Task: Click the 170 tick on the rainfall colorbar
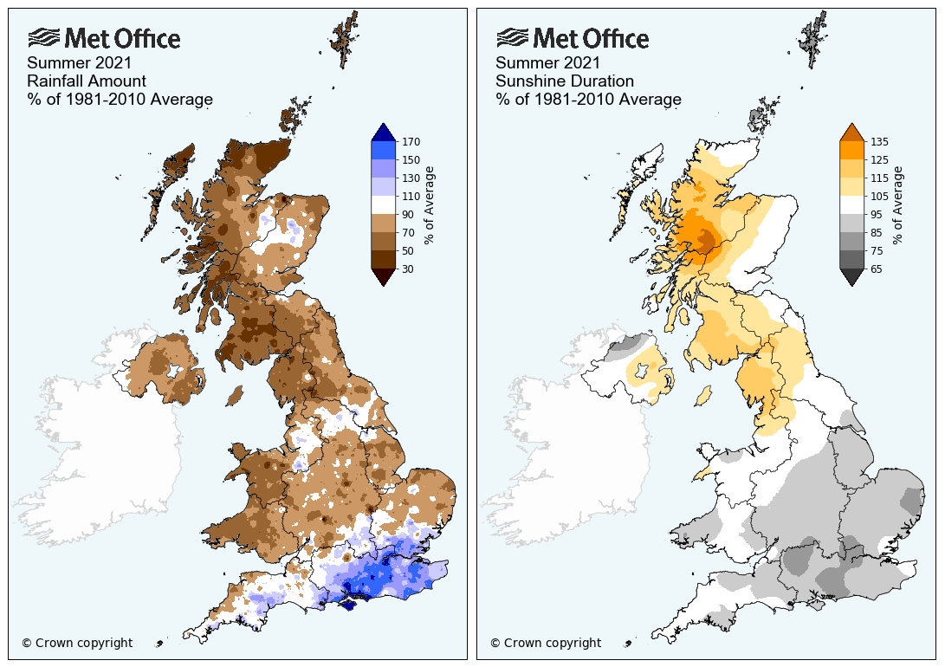[412, 141]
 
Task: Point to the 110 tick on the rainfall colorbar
[412, 196]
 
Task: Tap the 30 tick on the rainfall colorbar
[412, 269]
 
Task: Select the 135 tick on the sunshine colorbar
[880, 141]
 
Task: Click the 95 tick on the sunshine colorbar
[880, 214]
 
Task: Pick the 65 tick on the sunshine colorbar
[880, 269]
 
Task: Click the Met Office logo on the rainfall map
[104, 39]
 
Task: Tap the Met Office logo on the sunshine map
[573, 39]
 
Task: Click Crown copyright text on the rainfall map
[77, 643]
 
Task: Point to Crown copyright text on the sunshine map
[546, 643]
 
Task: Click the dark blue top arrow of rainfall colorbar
[383, 132]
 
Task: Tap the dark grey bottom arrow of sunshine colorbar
[851, 276]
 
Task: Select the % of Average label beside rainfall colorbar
[430, 205]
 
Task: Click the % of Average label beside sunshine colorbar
[898, 205]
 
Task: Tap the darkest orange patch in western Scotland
[703, 241]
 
